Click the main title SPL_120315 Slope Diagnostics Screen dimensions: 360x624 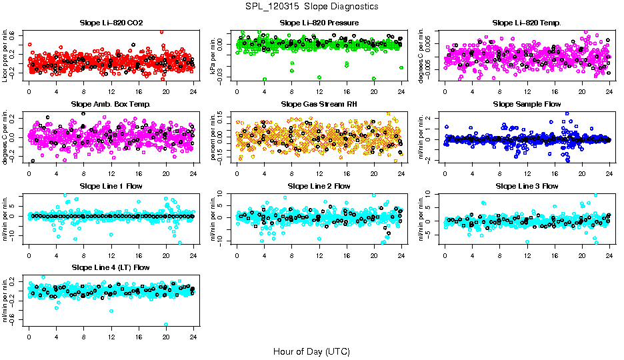[x=311, y=6]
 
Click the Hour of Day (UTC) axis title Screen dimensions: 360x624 [x=311, y=351]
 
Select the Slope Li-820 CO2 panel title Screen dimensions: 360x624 [x=111, y=23]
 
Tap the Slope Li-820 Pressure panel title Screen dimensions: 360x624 [x=319, y=23]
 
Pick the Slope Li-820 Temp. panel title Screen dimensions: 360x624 [x=527, y=23]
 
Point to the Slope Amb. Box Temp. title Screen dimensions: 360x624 [x=111, y=104]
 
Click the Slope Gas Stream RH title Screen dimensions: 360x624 [x=319, y=104]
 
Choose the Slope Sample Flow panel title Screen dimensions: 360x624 [x=527, y=104]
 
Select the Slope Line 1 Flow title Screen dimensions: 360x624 [x=111, y=185]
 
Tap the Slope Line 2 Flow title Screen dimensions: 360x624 [x=319, y=185]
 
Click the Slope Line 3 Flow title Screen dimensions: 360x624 [x=527, y=185]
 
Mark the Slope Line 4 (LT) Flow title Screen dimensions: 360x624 [x=111, y=267]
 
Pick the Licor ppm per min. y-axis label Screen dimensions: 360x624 [x=6, y=55]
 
